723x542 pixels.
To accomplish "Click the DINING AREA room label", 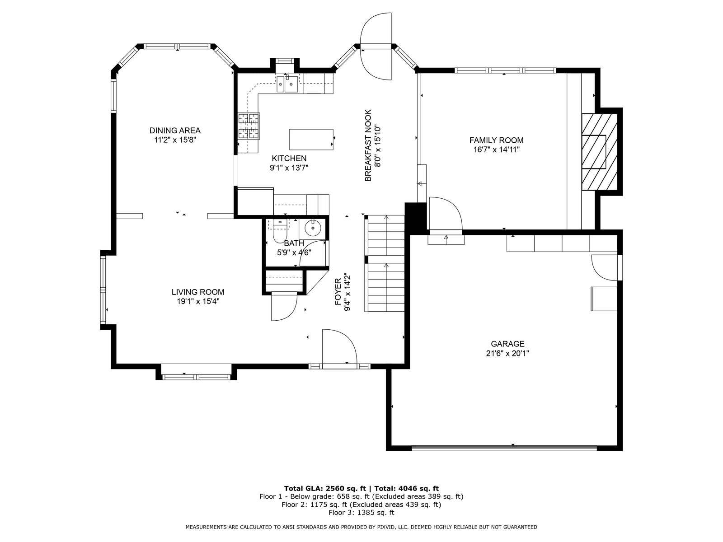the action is (175, 131).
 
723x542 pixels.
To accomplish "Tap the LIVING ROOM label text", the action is (197, 292).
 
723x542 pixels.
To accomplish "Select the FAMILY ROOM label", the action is (496, 140).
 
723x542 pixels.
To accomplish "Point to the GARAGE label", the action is (507, 344).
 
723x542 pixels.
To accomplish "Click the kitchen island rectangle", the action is (311, 140).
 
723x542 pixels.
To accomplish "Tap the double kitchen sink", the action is (287, 84).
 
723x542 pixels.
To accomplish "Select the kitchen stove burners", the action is (249, 126).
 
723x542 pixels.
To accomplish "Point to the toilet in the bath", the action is (280, 233).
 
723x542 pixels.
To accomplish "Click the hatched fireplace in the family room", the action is (599, 152).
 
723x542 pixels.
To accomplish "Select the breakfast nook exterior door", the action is (376, 46).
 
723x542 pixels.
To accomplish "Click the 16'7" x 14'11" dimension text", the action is (496, 150).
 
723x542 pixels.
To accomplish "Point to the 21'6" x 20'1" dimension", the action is (507, 354).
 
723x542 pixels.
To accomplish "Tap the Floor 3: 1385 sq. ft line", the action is (361, 512).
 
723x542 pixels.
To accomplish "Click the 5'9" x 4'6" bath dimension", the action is (294, 252).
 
